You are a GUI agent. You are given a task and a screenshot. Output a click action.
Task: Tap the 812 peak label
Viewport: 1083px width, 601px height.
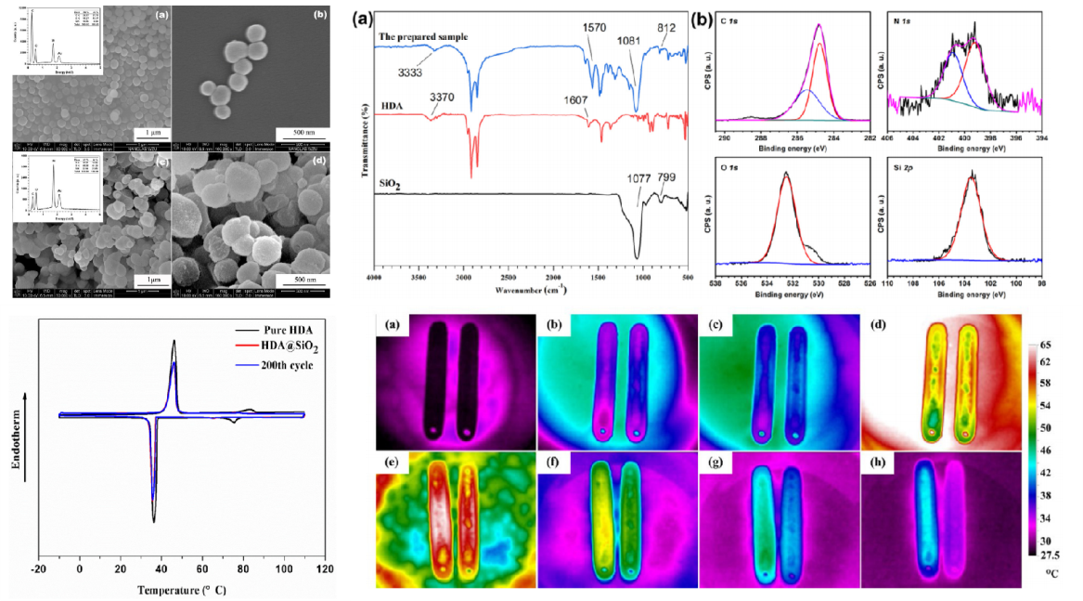pos(669,28)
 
